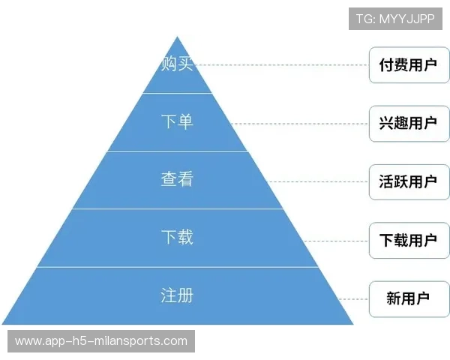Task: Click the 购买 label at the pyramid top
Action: (177, 63)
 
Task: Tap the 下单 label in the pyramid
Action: (177, 121)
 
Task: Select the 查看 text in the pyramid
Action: (177, 178)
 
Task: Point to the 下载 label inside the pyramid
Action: (177, 237)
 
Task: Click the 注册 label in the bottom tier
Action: (177, 295)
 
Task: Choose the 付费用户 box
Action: (409, 65)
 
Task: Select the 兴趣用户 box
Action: (409, 124)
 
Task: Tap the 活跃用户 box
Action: (409, 182)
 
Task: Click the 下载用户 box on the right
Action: (409, 241)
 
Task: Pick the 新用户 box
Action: (409, 299)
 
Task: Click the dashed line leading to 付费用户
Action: (281, 65)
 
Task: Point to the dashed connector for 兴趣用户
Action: (299, 124)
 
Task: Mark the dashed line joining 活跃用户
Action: (317, 182)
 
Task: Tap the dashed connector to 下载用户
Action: (336, 241)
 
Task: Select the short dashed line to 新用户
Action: (353, 299)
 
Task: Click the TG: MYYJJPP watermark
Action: (395, 19)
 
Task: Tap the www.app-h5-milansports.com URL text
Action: (101, 341)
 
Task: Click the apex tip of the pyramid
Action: (177, 37)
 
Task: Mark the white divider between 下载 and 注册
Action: (178, 267)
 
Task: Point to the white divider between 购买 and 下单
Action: (177, 93)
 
